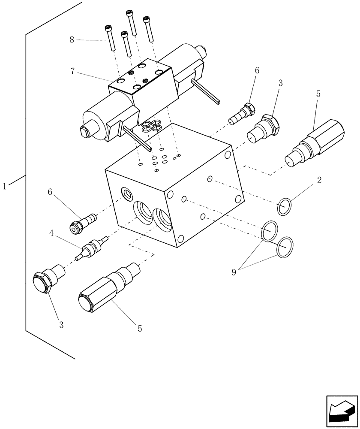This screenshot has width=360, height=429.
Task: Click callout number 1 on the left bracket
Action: click(x=5, y=186)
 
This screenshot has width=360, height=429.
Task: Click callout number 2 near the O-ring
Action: click(x=319, y=180)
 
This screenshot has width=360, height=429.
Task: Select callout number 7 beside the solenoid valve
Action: click(x=74, y=71)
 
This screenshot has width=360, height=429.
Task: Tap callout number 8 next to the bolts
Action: click(x=72, y=40)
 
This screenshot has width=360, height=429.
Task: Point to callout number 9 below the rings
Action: click(x=234, y=272)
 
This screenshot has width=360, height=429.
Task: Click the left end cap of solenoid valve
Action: click(x=91, y=125)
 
